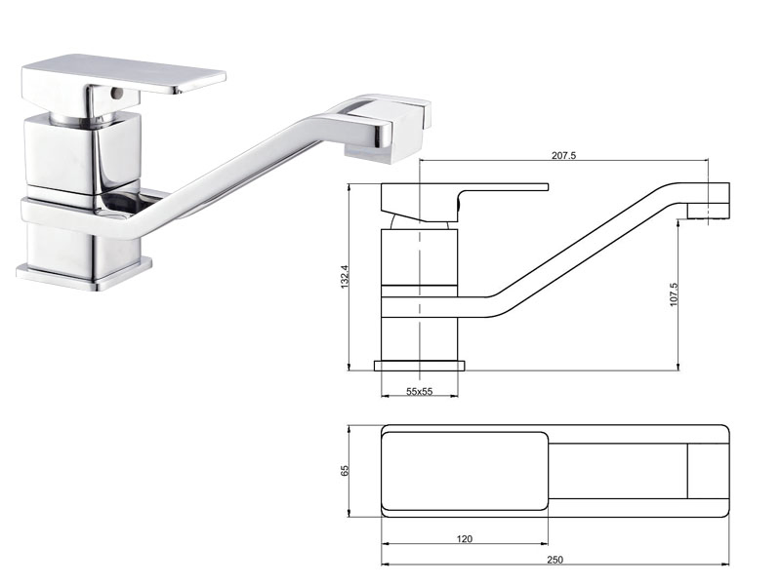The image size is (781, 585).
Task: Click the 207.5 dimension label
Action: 564,155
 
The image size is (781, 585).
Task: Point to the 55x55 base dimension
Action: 420,391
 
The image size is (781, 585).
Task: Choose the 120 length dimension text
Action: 464,537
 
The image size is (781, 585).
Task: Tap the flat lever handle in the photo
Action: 127,74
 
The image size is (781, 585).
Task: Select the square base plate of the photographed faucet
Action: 85,269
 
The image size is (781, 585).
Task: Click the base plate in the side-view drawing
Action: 420,366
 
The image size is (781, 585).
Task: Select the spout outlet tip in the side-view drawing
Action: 710,200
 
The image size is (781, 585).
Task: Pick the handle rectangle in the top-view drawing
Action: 464,472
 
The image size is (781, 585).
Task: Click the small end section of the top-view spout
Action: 705,472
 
